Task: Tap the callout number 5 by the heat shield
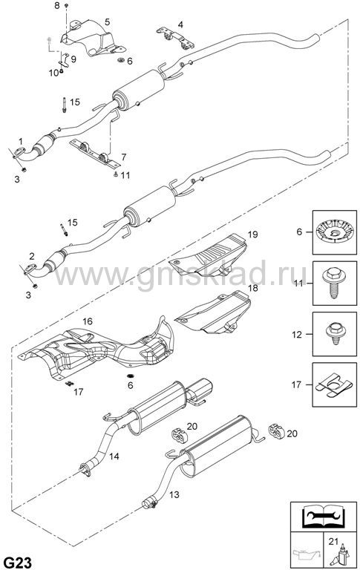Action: click(x=108, y=22)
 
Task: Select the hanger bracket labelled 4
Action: click(x=176, y=39)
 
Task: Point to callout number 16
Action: click(x=88, y=321)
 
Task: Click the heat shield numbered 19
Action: click(x=209, y=255)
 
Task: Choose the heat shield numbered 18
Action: click(x=213, y=312)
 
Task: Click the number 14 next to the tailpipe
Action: click(x=114, y=456)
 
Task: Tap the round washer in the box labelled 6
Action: click(x=334, y=232)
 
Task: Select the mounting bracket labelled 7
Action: click(x=94, y=154)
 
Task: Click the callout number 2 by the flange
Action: click(x=32, y=255)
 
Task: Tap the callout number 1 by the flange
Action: click(x=21, y=141)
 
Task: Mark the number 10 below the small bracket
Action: click(x=53, y=73)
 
